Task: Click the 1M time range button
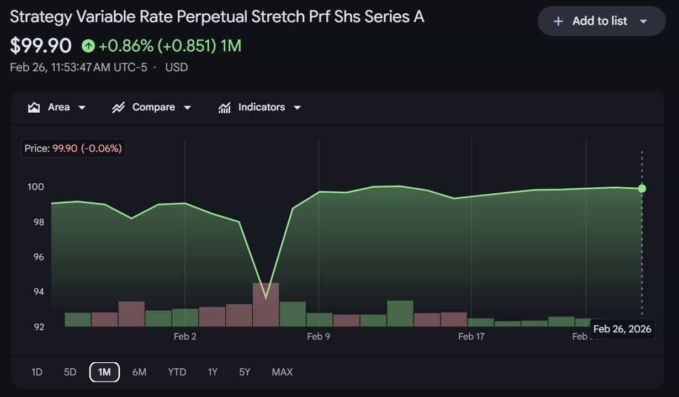pos(104,372)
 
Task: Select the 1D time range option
pos(37,372)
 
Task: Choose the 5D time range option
pos(70,372)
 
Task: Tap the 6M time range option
pos(139,372)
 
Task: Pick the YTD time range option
pos(177,372)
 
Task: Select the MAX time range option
pos(282,372)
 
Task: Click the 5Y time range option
pos(245,372)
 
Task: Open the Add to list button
pos(601,21)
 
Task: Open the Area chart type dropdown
pos(57,107)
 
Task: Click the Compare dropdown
pos(151,107)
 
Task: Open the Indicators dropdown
pos(259,107)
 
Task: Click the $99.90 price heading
pos(41,46)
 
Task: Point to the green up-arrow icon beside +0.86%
pos(88,46)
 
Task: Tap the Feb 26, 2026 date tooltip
pos(622,329)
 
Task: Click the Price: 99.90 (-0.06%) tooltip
pos(73,149)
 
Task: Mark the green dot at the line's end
pos(641,188)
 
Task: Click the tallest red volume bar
pos(266,305)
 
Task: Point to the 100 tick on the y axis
pos(36,187)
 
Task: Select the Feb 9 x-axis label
pos(319,336)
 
